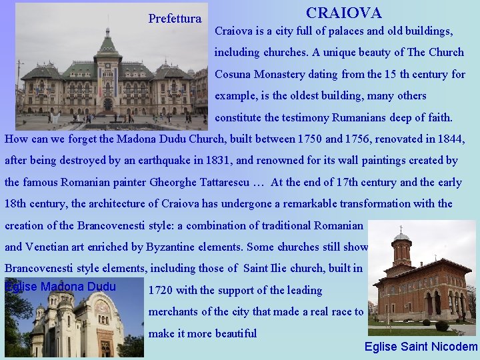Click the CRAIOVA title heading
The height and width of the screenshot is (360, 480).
[x=343, y=13]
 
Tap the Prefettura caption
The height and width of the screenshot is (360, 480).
[x=175, y=19]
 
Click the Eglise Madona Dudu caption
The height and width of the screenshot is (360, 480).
[x=60, y=287]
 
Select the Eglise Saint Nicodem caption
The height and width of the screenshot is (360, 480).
[x=421, y=347]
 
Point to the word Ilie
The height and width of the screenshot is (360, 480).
[x=275, y=269]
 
